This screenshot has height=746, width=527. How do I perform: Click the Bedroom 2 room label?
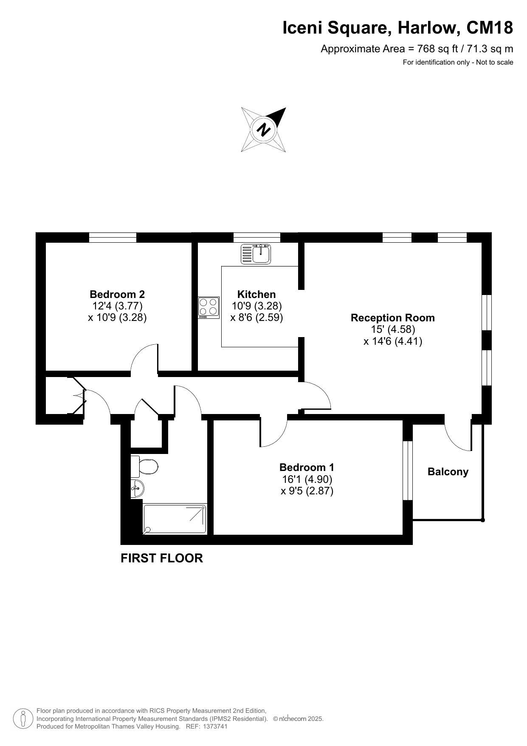(x=117, y=294)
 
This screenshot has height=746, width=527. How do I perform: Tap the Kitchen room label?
(x=256, y=294)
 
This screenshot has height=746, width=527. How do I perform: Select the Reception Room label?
(x=393, y=318)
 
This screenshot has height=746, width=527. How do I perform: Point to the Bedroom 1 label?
(x=307, y=467)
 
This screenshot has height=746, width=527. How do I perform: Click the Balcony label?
(x=448, y=472)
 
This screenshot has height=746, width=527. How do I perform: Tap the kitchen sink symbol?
(x=256, y=254)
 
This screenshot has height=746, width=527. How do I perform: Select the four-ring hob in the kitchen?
(x=209, y=307)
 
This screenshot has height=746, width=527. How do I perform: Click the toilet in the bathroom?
(x=144, y=466)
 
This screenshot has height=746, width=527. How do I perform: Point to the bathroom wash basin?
(x=137, y=488)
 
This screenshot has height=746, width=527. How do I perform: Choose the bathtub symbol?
(x=175, y=519)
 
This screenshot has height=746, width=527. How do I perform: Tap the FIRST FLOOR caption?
(x=162, y=558)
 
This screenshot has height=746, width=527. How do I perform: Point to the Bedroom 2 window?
(x=113, y=237)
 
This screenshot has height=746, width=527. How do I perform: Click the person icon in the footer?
(x=23, y=718)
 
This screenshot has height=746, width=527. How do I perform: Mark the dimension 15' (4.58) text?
(x=393, y=329)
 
